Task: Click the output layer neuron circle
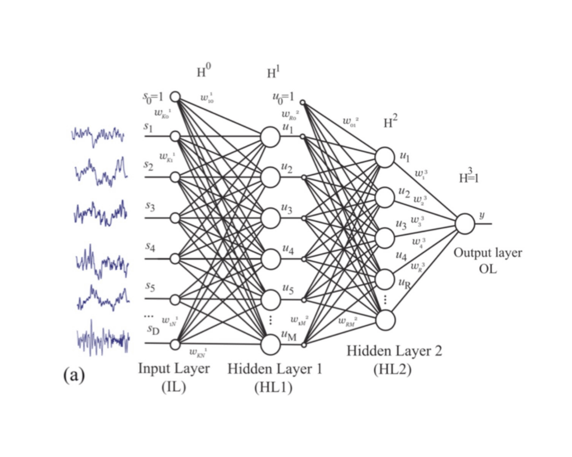pyautogui.click(x=465, y=224)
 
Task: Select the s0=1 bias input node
pyautogui.click(x=175, y=97)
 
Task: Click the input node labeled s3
pyautogui.click(x=175, y=217)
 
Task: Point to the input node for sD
pyautogui.click(x=175, y=343)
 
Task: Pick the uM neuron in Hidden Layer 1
pyautogui.click(x=270, y=344)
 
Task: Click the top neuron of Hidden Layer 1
pyautogui.click(x=270, y=136)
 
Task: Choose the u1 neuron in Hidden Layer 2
pyautogui.click(x=385, y=157)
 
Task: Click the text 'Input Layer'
pyautogui.click(x=174, y=369)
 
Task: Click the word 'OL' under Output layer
pyautogui.click(x=487, y=268)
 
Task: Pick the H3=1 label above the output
pyautogui.click(x=469, y=178)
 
